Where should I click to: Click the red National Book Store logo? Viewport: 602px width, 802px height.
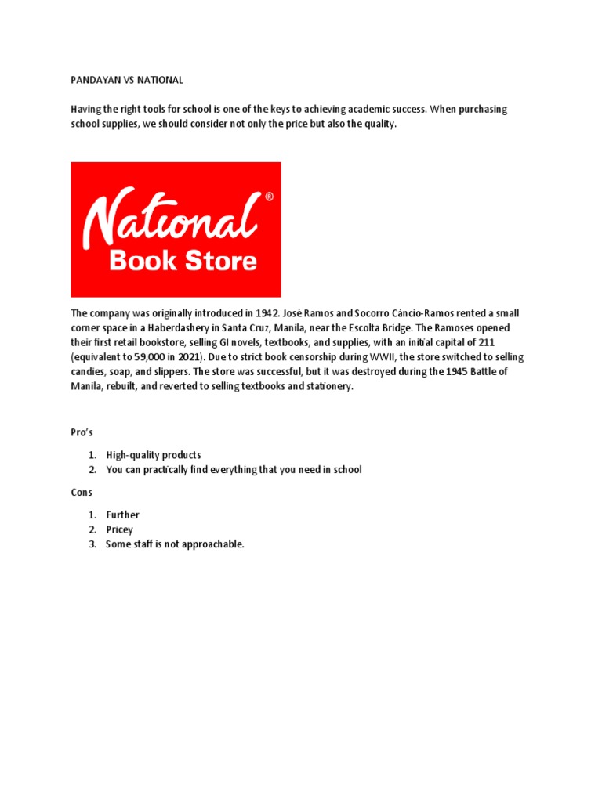176,229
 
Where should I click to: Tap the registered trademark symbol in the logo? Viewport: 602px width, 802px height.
270,198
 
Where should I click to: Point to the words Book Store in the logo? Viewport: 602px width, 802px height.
183,260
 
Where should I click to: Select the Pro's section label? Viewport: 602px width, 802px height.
82,432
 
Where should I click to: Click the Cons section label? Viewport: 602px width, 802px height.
82,493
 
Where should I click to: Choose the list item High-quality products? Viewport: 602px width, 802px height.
154,455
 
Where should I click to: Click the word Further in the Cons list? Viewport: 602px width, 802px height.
123,515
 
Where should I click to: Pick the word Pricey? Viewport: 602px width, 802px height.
120,530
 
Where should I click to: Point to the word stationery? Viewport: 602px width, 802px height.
327,387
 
